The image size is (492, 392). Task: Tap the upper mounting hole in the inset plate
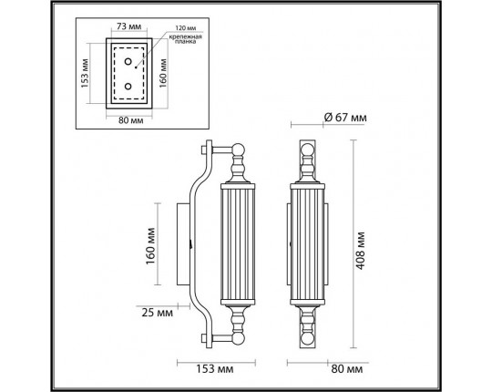130,64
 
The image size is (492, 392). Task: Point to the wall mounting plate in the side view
183,243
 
